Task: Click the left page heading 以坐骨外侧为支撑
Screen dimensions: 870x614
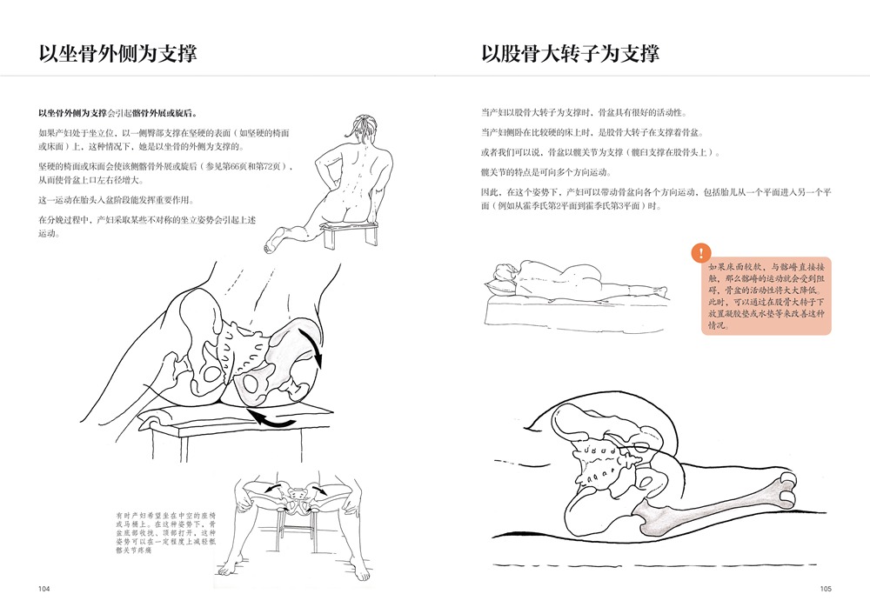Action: [117, 54]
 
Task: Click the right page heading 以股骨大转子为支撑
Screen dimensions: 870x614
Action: [571, 54]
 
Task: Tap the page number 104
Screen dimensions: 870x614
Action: [43, 589]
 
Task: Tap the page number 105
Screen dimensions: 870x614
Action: [826, 589]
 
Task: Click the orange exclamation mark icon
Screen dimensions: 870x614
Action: [701, 253]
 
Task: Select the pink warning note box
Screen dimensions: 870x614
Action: [766, 296]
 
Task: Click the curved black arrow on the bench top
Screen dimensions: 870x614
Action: [271, 419]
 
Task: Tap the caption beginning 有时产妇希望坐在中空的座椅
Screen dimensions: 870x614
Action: [166, 532]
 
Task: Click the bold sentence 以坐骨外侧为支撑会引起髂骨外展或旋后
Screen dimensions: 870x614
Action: [118, 113]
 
